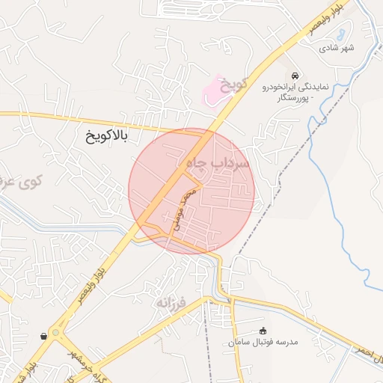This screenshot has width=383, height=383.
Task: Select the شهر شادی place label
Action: click(337, 49)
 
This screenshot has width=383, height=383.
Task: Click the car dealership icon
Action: click(297, 76)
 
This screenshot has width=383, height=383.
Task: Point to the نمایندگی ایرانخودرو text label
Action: click(295, 88)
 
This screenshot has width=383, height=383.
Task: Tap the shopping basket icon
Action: click(46, 336)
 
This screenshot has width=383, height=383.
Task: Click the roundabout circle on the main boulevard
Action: click(56, 334)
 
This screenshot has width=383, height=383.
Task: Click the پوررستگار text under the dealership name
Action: click(292, 98)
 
